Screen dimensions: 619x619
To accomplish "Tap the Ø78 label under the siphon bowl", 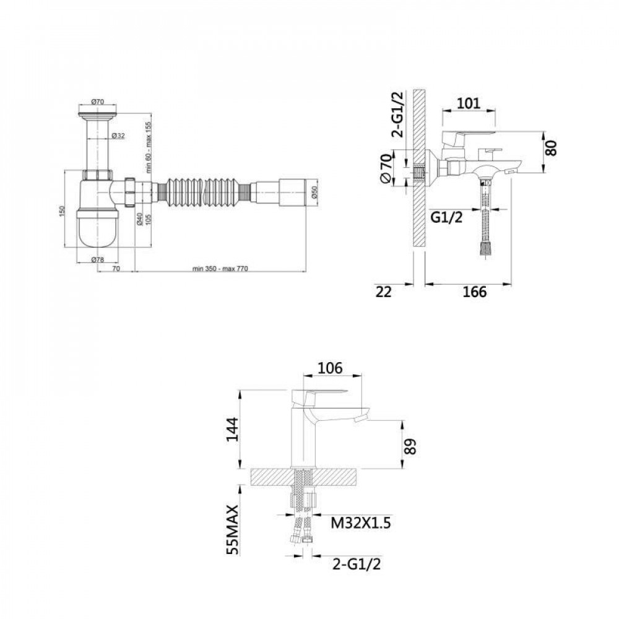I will (97, 259).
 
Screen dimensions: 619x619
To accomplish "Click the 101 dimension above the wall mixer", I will (469, 103).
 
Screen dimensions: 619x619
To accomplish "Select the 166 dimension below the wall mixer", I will (474, 292).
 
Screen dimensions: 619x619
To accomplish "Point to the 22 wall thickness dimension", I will (385, 292).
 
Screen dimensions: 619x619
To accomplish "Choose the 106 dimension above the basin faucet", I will (330, 368).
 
